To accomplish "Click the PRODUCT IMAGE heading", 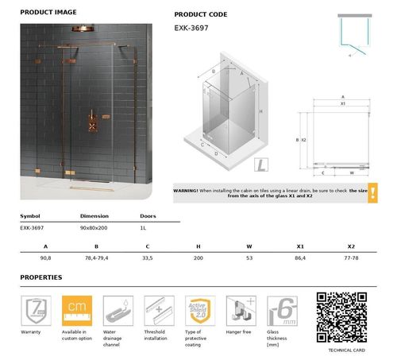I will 48,13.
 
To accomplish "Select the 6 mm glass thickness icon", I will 282,309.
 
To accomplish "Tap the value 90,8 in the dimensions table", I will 46,259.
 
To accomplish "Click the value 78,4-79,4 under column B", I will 97,259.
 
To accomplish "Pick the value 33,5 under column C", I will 148,259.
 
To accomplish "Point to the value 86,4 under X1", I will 300,259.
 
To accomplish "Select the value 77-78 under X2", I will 351,259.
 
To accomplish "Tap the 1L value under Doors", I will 143,227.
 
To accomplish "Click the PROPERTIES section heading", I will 41,278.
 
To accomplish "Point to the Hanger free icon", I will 241,309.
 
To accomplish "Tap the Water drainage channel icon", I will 118,309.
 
